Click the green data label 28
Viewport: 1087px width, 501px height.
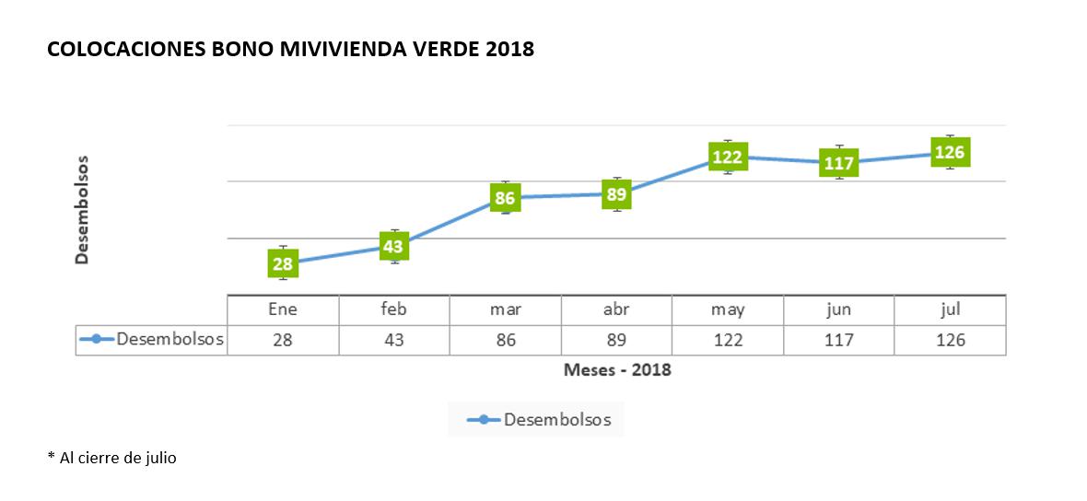(283, 263)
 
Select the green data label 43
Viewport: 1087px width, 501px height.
(394, 247)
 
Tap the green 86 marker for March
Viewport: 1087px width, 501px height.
(505, 197)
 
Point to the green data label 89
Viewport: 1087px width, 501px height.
(616, 193)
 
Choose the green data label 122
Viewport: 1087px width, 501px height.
(728, 157)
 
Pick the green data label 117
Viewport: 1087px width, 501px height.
(839, 162)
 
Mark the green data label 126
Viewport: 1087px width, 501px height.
(950, 152)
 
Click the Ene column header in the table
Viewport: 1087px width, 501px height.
(283, 309)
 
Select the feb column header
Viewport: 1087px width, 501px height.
(394, 309)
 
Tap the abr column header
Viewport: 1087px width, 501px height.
(616, 309)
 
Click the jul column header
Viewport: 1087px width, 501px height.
(950, 309)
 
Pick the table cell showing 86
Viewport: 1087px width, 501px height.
(505, 340)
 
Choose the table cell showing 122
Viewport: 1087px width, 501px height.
(728, 340)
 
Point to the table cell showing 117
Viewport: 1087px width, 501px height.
(839, 340)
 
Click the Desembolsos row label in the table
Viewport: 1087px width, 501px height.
(169, 339)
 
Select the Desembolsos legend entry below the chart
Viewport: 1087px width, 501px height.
(555, 420)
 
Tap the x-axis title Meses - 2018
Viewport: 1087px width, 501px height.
(617, 370)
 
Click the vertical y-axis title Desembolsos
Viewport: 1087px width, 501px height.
(82, 210)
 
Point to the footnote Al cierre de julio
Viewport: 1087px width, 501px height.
(115, 458)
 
